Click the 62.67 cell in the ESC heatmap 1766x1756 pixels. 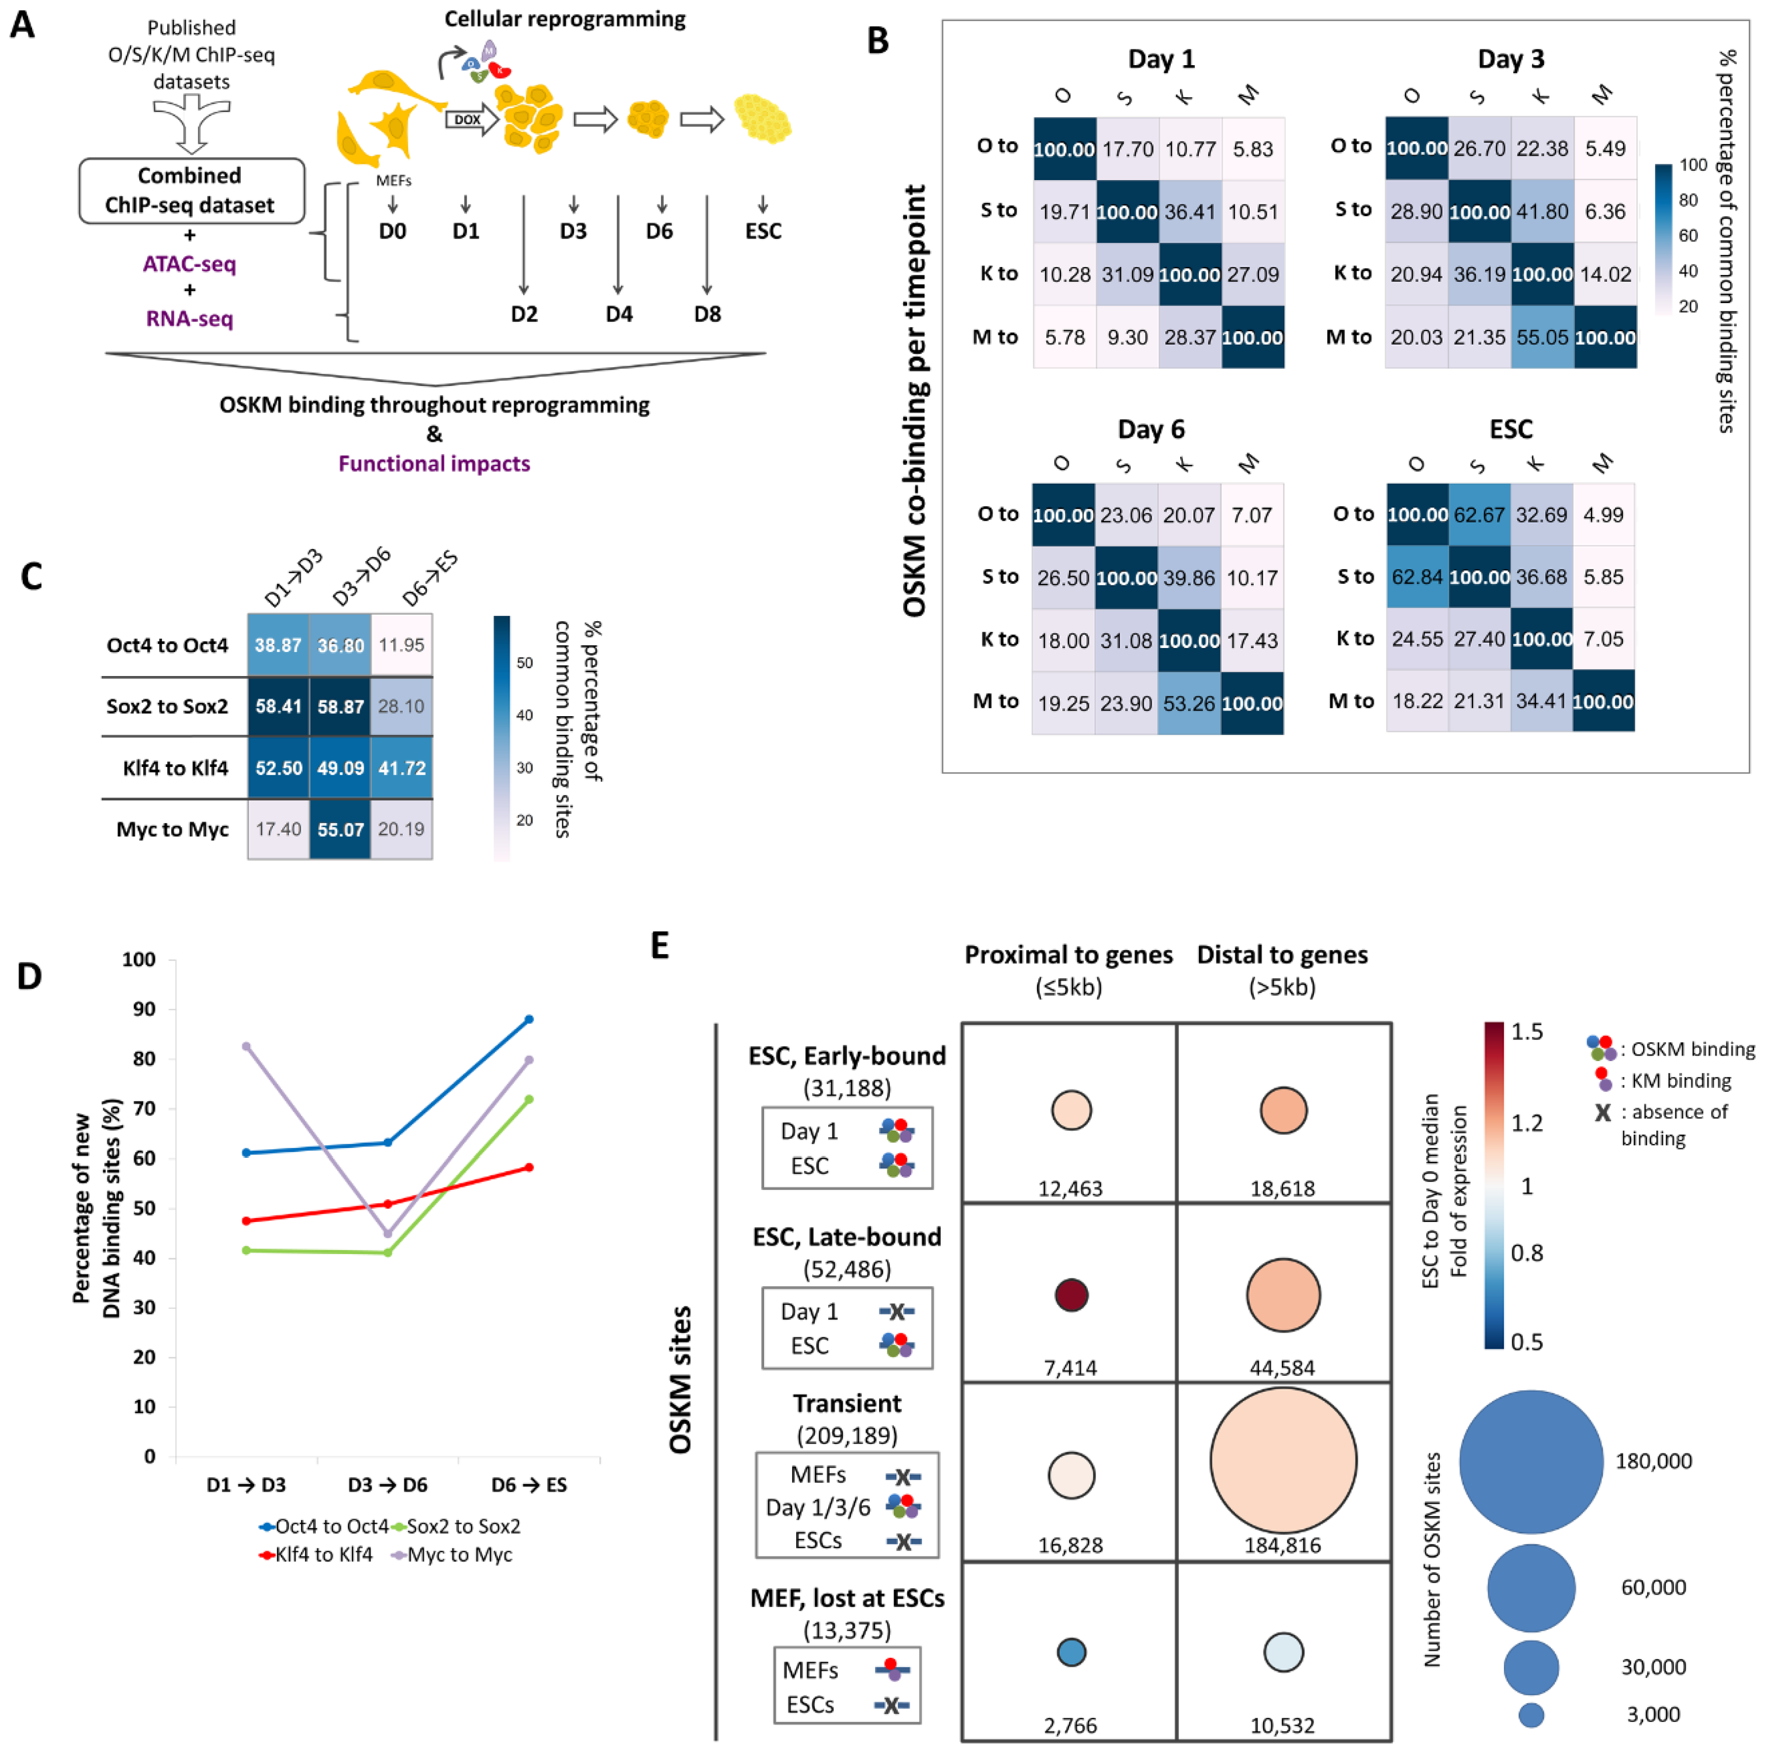1478,515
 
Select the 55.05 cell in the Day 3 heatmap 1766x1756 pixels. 1542,337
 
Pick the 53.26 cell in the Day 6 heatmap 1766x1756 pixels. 1189,703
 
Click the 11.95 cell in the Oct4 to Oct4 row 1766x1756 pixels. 401,646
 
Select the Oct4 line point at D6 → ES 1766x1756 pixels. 529,1019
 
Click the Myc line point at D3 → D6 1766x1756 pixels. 387,1234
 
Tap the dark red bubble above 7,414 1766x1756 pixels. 1071,1296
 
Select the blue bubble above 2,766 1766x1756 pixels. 1071,1652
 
